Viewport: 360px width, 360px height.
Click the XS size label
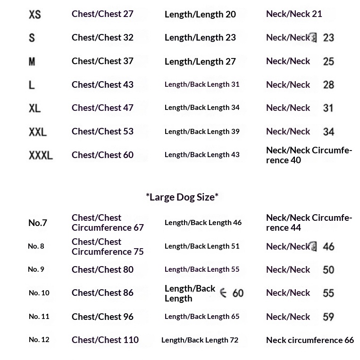pyautogui.click(x=35, y=15)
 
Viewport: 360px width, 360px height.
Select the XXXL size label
pyautogui.click(x=41, y=155)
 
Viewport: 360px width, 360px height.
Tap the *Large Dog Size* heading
pyautogui.click(x=182, y=197)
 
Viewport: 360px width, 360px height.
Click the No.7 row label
pyautogui.click(x=38, y=223)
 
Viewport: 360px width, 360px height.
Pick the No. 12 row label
pyautogui.click(x=39, y=340)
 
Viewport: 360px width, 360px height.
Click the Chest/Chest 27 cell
pyautogui.click(x=102, y=14)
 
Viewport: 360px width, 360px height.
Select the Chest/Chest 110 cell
pyautogui.click(x=105, y=340)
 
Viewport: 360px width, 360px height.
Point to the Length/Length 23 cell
pyautogui.click(x=200, y=38)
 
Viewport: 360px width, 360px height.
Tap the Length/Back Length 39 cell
pyautogui.click(x=202, y=131)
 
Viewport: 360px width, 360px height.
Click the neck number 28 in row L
pyautogui.click(x=328, y=85)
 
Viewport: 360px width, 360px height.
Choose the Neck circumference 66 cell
pyautogui.click(x=310, y=340)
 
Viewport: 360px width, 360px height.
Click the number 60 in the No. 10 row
pyautogui.click(x=238, y=293)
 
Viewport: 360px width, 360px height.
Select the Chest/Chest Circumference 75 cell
pyautogui.click(x=108, y=247)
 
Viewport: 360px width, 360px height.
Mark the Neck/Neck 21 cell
pyautogui.click(x=294, y=14)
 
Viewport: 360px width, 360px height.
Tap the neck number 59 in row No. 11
pyautogui.click(x=328, y=317)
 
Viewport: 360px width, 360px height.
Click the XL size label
pyautogui.click(x=34, y=108)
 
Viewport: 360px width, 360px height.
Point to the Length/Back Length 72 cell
pyautogui.click(x=200, y=340)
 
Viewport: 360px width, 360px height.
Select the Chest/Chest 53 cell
pyautogui.click(x=102, y=131)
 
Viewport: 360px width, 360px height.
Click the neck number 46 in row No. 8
pyautogui.click(x=328, y=247)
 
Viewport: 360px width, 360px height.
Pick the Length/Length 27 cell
pyautogui.click(x=200, y=61)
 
